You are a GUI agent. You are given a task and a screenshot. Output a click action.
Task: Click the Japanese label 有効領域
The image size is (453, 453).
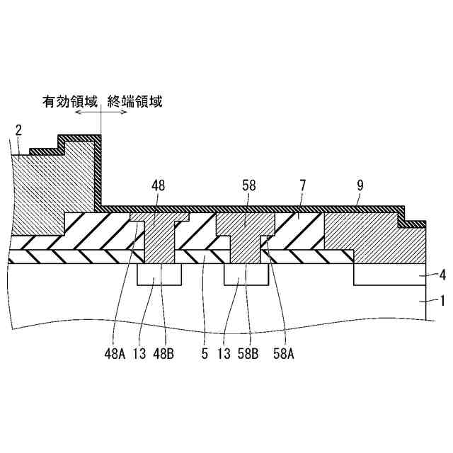(x=69, y=102)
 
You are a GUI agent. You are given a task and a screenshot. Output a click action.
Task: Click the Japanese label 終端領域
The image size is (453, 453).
(x=134, y=102)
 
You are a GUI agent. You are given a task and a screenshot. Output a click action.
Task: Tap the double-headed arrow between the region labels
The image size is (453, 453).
(x=102, y=113)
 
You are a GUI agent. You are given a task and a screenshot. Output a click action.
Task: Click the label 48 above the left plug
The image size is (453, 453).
(x=159, y=185)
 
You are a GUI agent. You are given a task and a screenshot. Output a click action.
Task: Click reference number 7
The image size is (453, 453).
(x=302, y=185)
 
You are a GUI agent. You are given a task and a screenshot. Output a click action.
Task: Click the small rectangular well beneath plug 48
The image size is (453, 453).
(x=159, y=275)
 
